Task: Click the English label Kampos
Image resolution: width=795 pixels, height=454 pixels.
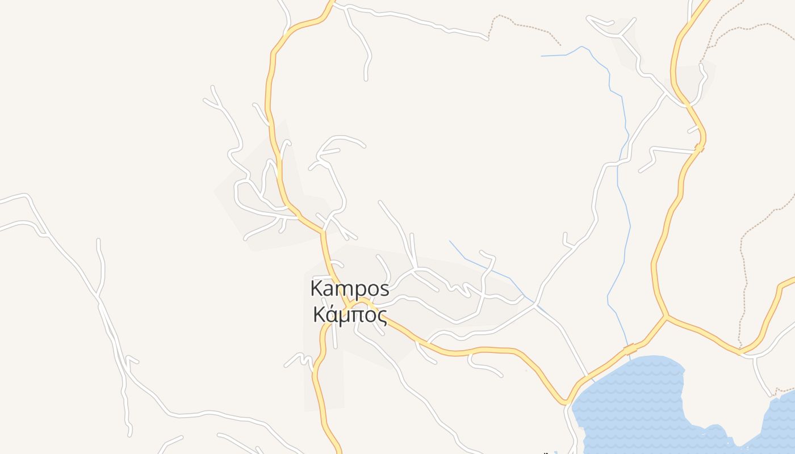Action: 350,289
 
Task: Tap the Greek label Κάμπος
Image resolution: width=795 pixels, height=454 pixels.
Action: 350,314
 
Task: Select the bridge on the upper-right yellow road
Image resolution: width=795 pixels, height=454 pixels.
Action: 699,148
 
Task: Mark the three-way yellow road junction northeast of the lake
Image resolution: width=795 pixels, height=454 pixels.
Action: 667,316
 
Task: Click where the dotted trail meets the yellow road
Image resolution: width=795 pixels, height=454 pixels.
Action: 739,351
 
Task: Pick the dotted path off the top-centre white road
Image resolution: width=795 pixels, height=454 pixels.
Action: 522,26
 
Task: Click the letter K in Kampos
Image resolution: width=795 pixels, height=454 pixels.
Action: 317,288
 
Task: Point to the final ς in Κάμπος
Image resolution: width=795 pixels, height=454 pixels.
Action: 381,316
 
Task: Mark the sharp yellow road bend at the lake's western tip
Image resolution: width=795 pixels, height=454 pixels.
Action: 566,402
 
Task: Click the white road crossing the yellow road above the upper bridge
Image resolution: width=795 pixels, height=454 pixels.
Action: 688,105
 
